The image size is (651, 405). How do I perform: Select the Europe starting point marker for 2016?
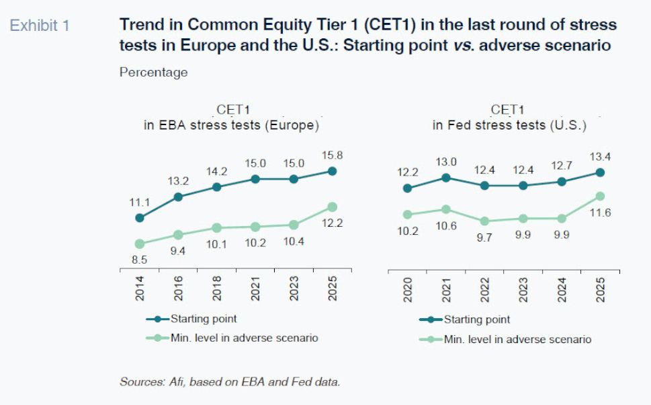pyautogui.click(x=178, y=197)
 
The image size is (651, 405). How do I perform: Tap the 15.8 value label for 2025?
pyautogui.click(x=332, y=155)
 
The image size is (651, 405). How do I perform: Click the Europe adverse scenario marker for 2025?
pyautogui.click(x=333, y=207)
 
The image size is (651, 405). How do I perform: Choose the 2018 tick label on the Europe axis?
pyautogui.click(x=217, y=290)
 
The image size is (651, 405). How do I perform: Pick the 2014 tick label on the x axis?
pyautogui.click(x=140, y=290)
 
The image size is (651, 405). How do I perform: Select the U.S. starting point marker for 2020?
pyautogui.click(x=406, y=188)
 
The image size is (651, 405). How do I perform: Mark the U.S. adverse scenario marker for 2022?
pyautogui.click(x=484, y=221)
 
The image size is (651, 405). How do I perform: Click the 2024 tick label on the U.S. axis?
pyautogui.click(x=562, y=290)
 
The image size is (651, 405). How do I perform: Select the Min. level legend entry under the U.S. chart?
pyautogui.click(x=517, y=339)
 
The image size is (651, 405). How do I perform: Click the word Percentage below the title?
pyautogui.click(x=153, y=72)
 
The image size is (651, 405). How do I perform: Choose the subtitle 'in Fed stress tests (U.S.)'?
pyautogui.click(x=509, y=125)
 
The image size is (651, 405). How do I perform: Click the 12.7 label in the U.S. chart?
pyautogui.click(x=562, y=165)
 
